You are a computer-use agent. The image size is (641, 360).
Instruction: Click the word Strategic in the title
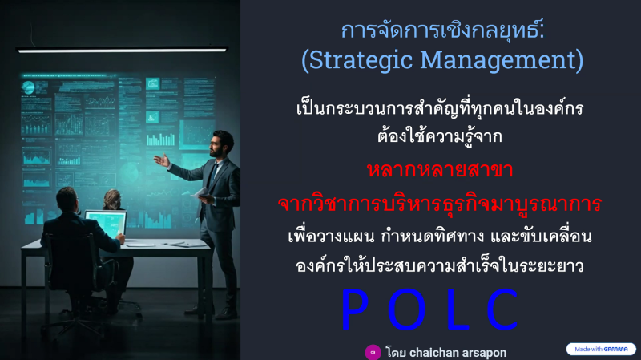(360, 60)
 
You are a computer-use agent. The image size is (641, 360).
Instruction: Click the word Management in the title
(498, 60)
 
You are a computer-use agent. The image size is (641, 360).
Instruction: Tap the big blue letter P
(354, 309)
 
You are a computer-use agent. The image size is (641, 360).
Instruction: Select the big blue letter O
(406, 309)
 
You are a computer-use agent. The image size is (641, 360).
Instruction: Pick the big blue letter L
(458, 309)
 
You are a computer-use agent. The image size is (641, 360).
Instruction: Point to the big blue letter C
(502, 309)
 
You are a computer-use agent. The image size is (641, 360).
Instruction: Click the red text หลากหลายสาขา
(440, 170)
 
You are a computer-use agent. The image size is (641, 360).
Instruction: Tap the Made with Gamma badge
(600, 349)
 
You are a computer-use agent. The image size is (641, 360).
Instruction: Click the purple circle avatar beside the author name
(373, 352)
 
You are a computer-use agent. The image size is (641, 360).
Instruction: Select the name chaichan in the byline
(434, 353)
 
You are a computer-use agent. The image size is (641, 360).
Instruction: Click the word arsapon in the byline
(485, 353)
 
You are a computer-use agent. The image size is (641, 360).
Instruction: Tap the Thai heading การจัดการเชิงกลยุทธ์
(443, 30)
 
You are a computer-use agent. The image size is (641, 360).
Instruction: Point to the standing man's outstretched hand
(162, 160)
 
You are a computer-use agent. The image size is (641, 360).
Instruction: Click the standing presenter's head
(222, 144)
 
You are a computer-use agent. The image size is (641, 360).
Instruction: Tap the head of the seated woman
(112, 199)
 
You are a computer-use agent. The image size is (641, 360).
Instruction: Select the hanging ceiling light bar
(122, 50)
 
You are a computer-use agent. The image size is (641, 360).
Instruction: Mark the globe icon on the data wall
(28, 87)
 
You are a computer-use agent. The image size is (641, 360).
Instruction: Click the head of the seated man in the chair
(67, 200)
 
